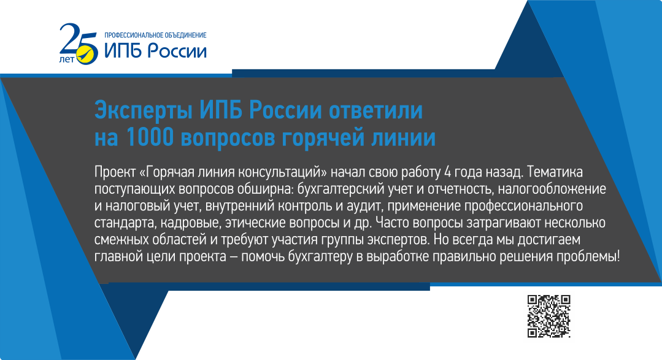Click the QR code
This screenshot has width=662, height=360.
(x=549, y=316)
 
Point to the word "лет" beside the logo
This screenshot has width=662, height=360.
(x=67, y=59)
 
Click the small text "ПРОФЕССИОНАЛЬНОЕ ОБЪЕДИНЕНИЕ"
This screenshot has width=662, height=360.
(x=155, y=36)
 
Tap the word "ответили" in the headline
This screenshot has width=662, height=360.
(x=375, y=110)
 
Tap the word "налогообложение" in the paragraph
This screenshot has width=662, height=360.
(x=552, y=189)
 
